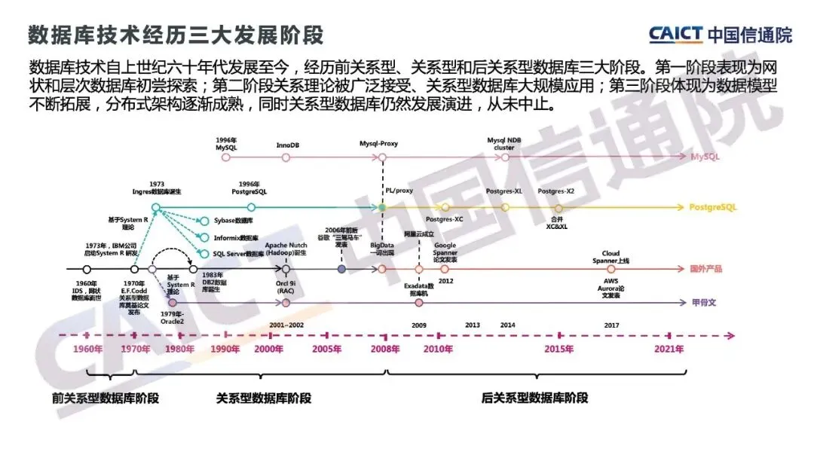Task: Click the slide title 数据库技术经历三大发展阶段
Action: [x=175, y=35]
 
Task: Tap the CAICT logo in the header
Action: [x=720, y=34]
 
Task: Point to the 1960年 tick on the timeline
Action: [x=87, y=349]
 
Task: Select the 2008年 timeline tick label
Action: [x=386, y=349]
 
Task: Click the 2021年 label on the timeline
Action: [x=669, y=349]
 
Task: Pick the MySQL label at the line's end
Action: [x=705, y=157]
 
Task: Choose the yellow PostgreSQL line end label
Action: [x=712, y=206]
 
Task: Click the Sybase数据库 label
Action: [x=233, y=221]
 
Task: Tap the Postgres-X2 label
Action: [x=557, y=191]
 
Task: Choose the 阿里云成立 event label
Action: [x=418, y=234]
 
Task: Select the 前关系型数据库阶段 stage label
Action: [x=106, y=398]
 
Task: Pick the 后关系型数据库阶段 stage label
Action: [x=535, y=398]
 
